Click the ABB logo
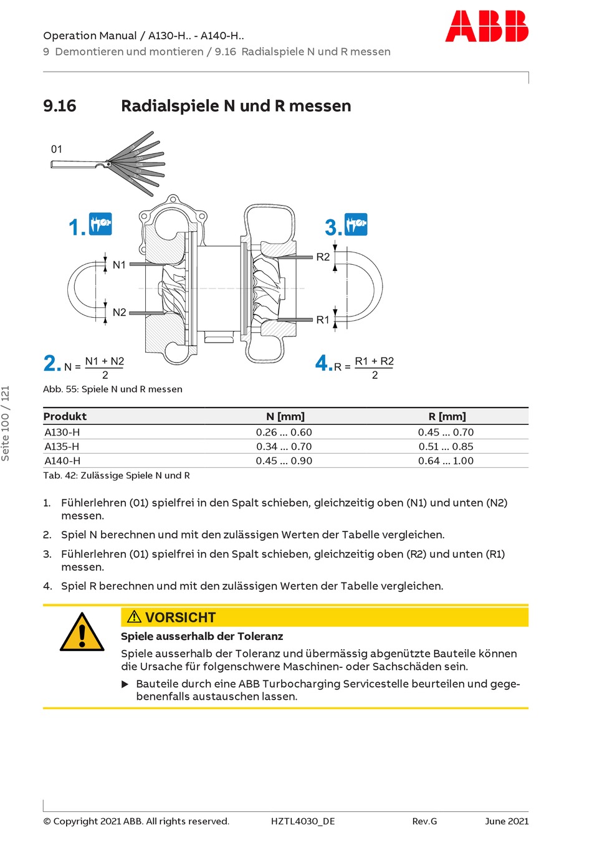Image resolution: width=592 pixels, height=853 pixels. click(x=487, y=26)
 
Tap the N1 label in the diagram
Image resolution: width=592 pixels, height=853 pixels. click(x=119, y=265)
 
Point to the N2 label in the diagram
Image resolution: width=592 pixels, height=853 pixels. click(x=119, y=312)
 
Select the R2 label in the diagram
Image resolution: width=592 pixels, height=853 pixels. click(x=323, y=257)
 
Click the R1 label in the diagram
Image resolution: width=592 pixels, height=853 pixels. click(x=323, y=320)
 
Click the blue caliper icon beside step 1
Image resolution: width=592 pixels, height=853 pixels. click(x=100, y=224)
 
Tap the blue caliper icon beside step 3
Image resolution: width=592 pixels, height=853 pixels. click(x=356, y=224)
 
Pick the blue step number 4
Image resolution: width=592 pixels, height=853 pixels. click(x=322, y=363)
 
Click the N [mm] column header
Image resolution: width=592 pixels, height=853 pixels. click(x=285, y=416)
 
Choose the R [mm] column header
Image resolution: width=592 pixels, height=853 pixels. click(x=447, y=416)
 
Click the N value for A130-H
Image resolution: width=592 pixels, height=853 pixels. click(x=284, y=432)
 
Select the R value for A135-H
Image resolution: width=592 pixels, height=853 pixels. click(x=446, y=447)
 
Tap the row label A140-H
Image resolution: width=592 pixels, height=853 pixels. click(x=62, y=461)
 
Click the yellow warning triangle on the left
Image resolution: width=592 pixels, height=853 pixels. click(x=82, y=632)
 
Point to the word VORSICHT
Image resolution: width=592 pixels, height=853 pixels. click(x=180, y=617)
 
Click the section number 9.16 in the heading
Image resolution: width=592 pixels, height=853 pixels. click(x=60, y=106)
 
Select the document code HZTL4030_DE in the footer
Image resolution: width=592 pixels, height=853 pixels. click(x=303, y=821)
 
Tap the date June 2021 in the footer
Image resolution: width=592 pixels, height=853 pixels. click(x=507, y=821)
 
